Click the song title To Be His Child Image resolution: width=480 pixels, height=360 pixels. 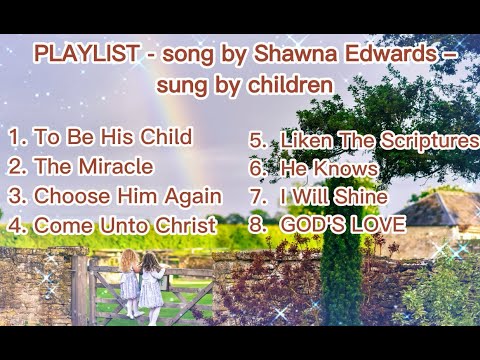tap(113, 136)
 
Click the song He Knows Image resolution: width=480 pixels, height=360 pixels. tap(329, 169)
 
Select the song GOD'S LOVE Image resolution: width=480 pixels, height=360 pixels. tap(342, 225)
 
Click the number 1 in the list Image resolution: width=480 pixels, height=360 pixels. tap(14, 136)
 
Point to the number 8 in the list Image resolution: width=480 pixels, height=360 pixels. tap(256, 225)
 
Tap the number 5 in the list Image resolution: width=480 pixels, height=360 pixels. tap(256, 141)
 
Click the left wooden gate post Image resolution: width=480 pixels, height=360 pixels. tap(80, 290)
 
